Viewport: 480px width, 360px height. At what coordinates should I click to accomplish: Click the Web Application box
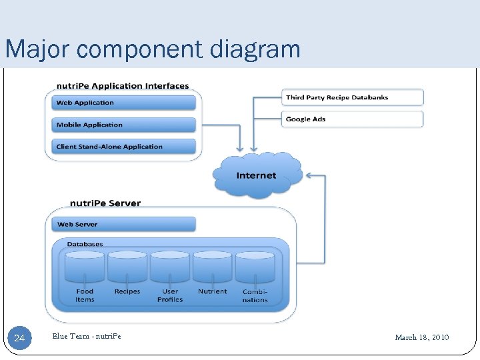(123, 103)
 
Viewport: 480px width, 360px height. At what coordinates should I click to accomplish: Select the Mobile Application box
(123, 125)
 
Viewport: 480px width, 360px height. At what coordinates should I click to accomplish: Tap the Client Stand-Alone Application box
(123, 147)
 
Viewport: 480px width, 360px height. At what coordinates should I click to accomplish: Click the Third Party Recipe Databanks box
(353, 97)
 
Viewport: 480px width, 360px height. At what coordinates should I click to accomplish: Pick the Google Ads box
(353, 119)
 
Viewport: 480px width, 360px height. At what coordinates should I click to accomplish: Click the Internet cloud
(257, 175)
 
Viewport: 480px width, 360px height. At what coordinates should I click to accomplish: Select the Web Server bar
(123, 224)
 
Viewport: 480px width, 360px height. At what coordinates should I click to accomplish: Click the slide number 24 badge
(19, 338)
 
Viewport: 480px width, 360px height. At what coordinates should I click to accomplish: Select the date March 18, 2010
(421, 337)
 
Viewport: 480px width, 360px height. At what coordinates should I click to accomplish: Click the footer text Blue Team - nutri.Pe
(87, 337)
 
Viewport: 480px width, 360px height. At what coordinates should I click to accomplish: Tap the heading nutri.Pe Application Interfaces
(123, 86)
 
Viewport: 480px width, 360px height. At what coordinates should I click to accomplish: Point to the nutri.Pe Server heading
(105, 203)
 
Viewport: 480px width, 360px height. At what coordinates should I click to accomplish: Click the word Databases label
(85, 245)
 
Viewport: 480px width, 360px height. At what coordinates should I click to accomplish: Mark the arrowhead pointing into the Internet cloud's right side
(308, 176)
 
